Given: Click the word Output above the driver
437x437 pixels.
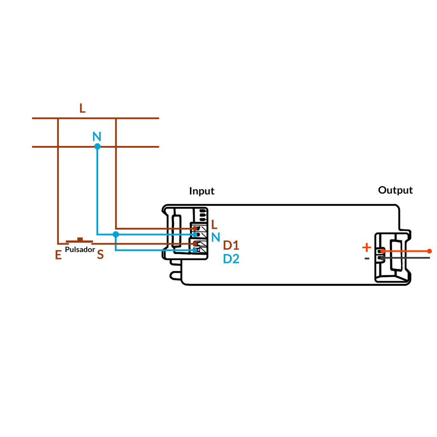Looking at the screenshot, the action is pos(395,190).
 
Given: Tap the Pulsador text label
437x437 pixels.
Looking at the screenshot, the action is pos(80,249).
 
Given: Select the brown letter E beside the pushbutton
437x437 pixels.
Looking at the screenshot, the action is pos(58,255).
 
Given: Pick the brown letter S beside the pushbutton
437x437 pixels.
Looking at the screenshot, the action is pos(100,254).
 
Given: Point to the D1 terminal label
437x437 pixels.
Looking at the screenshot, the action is pos(231,245).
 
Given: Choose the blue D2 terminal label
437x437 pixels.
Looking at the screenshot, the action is pos(231,259).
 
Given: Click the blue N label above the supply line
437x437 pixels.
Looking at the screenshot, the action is pos(97,137).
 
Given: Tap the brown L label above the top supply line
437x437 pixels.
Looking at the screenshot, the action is pos(82,108).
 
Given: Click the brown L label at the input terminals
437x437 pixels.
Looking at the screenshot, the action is pos(214,224).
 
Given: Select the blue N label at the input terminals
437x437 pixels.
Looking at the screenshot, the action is pos(216,237).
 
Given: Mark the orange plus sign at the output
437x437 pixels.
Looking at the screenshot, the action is pos(367,247).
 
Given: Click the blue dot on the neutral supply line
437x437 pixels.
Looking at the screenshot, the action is pos(97,146).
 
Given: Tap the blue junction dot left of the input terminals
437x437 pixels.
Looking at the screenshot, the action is pos(116,234).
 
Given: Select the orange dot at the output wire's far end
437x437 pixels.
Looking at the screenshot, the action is pos(429,251).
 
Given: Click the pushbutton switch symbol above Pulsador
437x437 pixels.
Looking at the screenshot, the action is pos(80,241).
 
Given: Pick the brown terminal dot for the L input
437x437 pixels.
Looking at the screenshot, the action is pos(195,229).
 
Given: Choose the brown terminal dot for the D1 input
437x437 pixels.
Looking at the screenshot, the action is pos(195,244).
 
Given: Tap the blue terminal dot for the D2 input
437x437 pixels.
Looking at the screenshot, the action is pos(195,250).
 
